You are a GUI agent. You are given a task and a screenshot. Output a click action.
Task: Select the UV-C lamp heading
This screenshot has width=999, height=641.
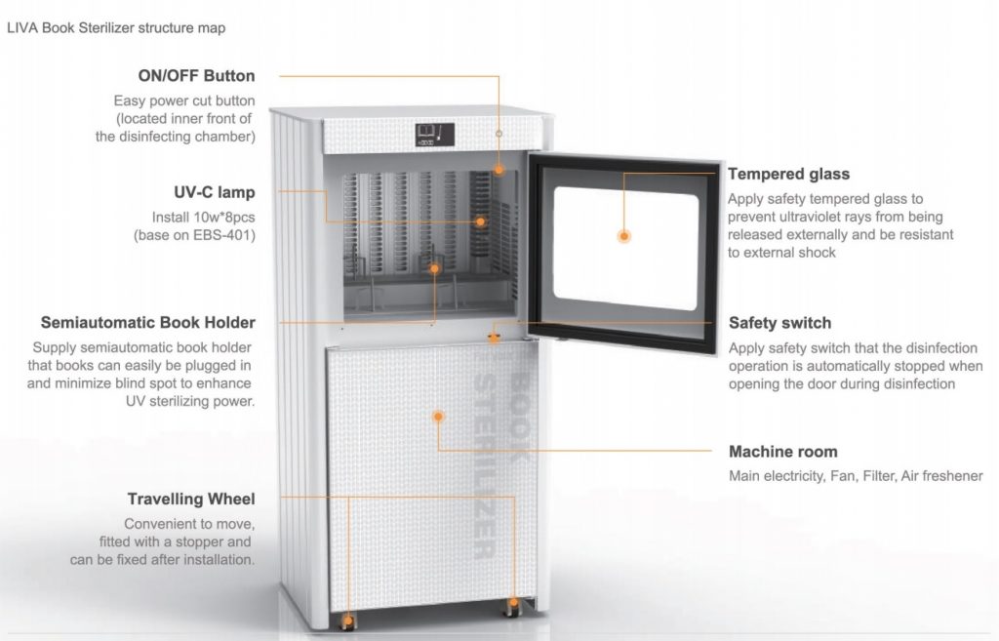[215, 192]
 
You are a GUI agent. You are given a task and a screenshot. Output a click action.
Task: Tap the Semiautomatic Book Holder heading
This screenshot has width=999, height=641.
[148, 322]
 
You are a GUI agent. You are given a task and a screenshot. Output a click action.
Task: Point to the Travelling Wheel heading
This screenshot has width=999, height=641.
[191, 500]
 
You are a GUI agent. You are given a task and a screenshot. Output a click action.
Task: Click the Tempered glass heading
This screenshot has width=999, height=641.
[789, 174]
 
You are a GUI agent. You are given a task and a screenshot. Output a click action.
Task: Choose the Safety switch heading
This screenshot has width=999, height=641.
[780, 323]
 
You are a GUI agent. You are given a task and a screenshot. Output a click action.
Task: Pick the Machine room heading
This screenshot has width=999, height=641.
[783, 452]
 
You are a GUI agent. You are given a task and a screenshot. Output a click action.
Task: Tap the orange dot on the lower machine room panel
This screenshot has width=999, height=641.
[438, 417]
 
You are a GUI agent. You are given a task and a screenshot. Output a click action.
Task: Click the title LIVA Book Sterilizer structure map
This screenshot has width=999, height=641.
[116, 27]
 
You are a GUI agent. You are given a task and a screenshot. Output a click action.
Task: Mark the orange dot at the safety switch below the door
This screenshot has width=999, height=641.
[494, 338]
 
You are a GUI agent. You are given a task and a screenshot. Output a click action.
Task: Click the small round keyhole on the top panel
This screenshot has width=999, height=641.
[499, 133]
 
